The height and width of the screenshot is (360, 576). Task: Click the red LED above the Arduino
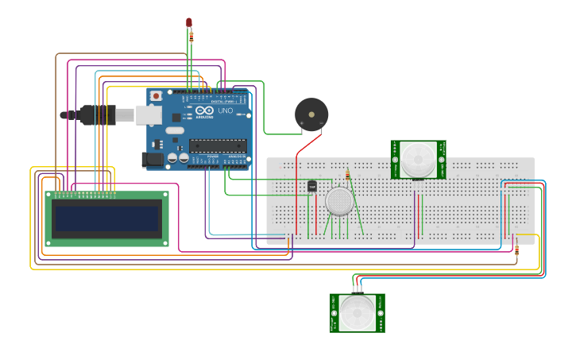point(189,23)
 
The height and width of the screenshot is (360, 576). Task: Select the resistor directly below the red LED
point(191,36)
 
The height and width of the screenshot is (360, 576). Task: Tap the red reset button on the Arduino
point(157,95)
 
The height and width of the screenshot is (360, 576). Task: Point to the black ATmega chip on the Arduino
point(217,145)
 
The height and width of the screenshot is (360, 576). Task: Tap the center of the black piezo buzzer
point(311,114)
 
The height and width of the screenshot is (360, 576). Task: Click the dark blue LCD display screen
point(106,215)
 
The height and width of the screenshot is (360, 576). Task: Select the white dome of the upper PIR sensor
point(418,160)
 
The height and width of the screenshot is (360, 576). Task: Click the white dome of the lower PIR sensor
point(357,313)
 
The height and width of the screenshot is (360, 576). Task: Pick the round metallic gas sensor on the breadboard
point(340,201)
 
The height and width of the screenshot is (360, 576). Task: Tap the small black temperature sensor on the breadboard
point(311,186)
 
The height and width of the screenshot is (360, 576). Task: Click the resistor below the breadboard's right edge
point(517,250)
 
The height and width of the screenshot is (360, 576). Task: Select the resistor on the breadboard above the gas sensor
point(347,175)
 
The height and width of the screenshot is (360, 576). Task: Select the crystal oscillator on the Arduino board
point(174,130)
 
